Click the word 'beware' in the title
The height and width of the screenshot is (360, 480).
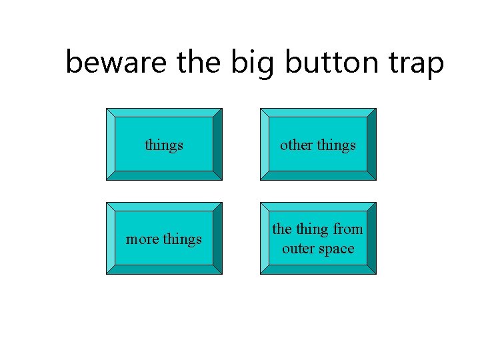click(x=117, y=63)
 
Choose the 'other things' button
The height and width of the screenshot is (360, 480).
click(x=318, y=145)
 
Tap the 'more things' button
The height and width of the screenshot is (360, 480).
click(x=164, y=239)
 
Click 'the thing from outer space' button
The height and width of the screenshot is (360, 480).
click(x=318, y=239)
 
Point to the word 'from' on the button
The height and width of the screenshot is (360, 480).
click(x=348, y=229)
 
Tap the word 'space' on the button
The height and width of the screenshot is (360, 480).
click(x=336, y=249)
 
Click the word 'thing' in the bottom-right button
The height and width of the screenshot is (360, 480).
click(x=312, y=229)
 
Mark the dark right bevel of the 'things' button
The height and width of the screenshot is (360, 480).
click(x=217, y=145)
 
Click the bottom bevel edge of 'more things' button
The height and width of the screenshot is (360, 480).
click(x=164, y=269)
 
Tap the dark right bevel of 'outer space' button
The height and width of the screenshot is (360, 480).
click(x=371, y=239)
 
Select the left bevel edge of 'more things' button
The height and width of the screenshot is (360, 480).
click(x=111, y=239)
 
